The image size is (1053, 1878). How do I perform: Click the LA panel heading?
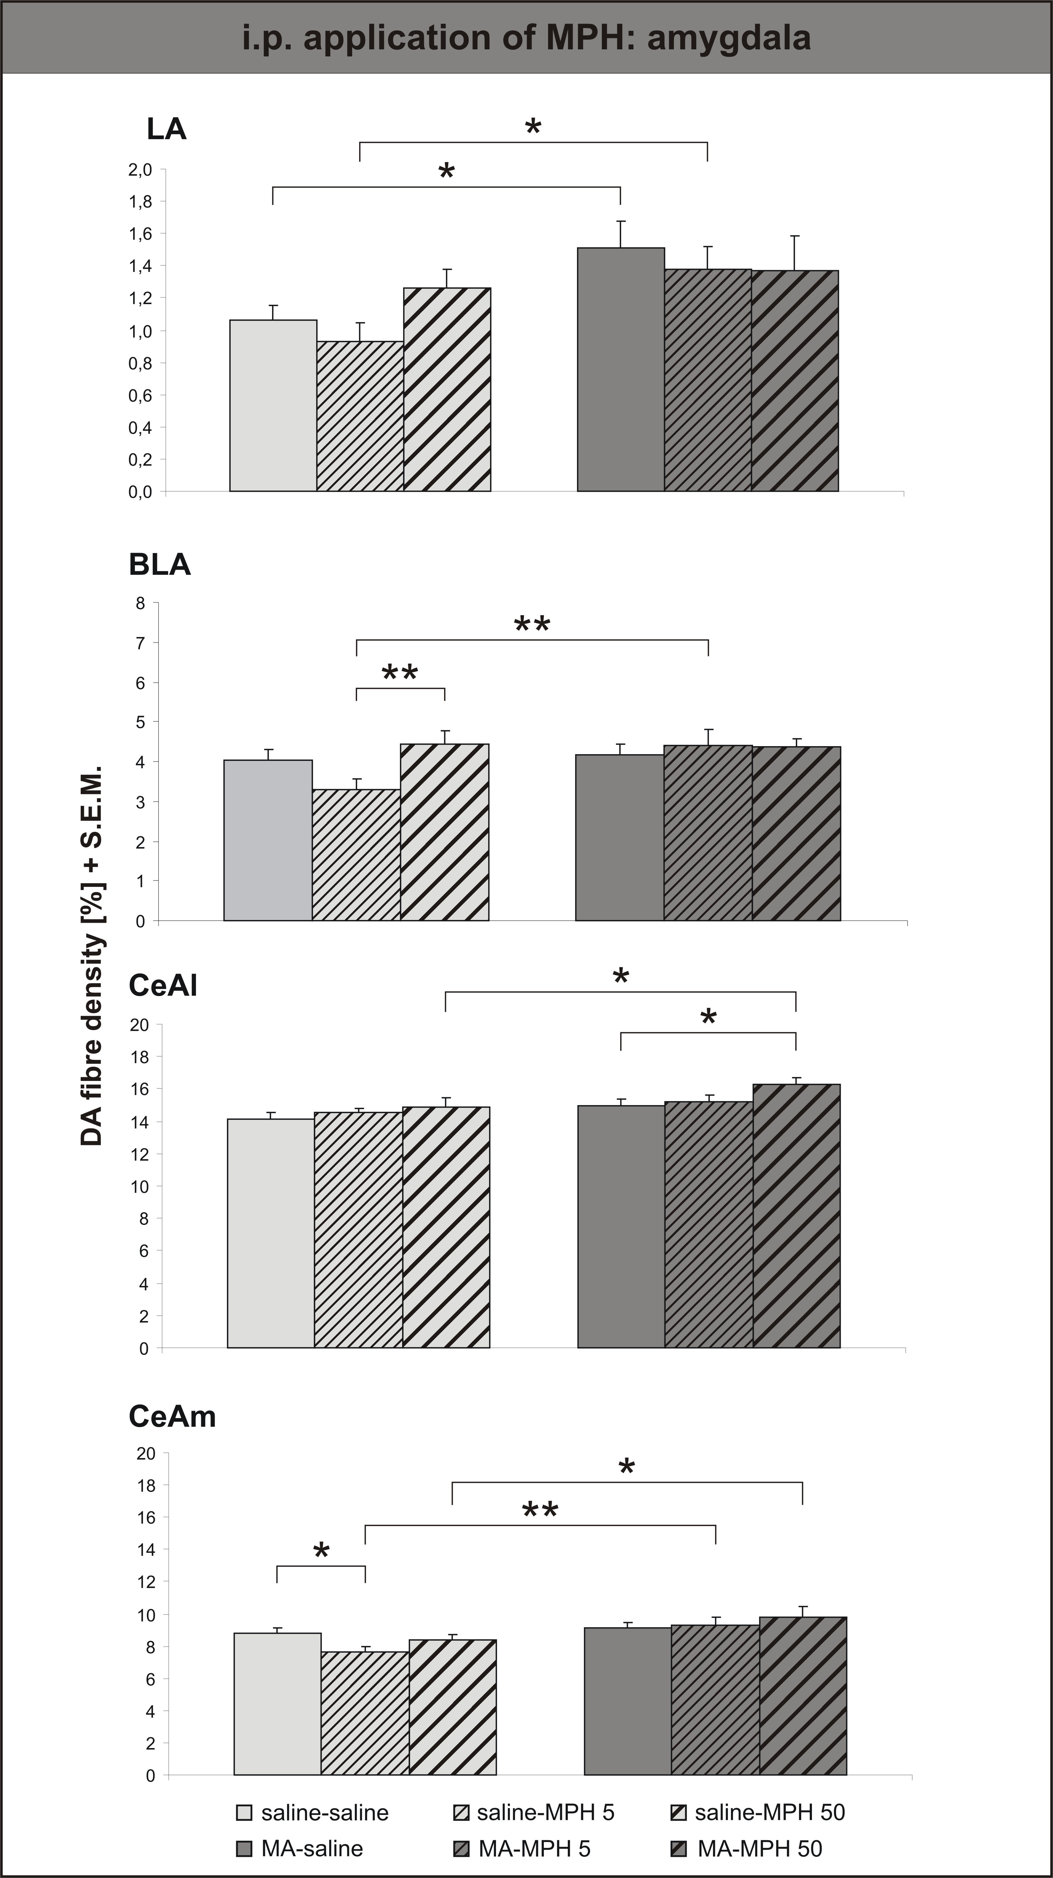pos(166,129)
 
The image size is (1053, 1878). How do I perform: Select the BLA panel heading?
pos(160,564)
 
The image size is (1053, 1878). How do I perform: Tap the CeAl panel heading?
pos(163,985)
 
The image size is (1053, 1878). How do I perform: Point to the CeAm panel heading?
pos(172,1416)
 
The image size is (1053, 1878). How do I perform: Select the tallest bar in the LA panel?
pos(621,370)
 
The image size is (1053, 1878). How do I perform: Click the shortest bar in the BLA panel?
pos(357,855)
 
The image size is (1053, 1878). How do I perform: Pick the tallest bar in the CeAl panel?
pos(796,1216)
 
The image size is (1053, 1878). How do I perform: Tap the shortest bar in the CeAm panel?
pos(365,1713)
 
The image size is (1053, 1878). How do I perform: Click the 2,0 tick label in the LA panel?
pos(140,170)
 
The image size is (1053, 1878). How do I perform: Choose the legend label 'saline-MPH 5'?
pos(545,1812)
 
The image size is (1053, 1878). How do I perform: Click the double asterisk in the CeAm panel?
pos(540,1509)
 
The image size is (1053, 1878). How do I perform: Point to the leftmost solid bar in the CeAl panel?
pos(271,1234)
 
